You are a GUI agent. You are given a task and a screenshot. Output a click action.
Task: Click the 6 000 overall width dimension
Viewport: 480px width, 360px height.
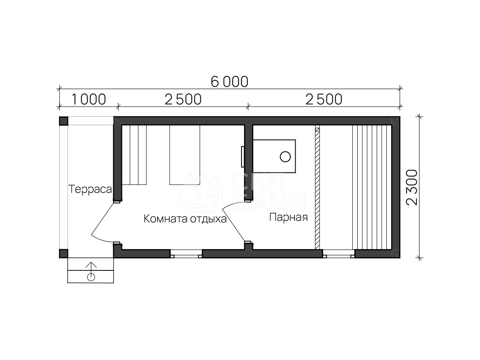229,82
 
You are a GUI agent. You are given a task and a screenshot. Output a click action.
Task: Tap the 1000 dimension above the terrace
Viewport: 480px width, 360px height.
88,100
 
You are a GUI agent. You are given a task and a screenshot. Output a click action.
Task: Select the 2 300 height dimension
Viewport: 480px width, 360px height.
412,187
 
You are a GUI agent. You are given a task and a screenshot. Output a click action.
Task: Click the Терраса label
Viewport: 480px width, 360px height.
90,189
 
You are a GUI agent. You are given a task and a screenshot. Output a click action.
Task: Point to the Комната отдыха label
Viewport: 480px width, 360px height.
185,219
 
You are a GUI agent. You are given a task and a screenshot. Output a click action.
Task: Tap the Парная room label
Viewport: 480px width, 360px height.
288,217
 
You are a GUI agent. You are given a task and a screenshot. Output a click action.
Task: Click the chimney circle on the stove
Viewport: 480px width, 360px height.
285,156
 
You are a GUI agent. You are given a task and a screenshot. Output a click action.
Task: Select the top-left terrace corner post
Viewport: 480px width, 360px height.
64,121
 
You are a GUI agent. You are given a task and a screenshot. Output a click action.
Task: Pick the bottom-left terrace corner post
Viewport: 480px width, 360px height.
64,254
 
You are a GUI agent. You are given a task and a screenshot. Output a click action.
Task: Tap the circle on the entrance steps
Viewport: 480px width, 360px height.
91,277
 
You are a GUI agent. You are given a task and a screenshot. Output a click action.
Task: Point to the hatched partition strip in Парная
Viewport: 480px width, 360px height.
317,187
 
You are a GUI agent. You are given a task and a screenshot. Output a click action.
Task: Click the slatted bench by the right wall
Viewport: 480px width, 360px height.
372,187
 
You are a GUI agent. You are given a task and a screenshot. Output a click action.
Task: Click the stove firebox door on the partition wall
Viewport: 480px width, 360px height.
242,156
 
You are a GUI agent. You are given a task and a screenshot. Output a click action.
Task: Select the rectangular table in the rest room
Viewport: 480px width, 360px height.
184,155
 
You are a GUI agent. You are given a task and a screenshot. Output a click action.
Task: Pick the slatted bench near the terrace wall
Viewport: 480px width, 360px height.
134,155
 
